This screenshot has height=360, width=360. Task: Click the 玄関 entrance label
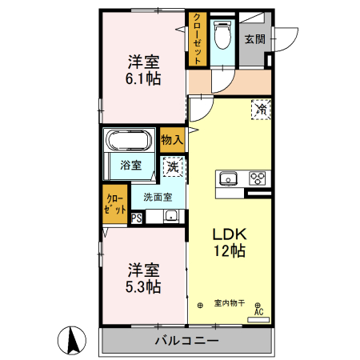point(255,38)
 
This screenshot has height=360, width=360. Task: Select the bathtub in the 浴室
point(130,141)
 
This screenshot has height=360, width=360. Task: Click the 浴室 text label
point(131,166)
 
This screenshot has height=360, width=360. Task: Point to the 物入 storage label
point(172,140)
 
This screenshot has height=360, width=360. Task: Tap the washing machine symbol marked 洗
point(173,167)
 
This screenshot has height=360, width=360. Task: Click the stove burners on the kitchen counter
point(258,178)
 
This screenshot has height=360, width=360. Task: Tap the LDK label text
point(229,234)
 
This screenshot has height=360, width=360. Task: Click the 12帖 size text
point(229,250)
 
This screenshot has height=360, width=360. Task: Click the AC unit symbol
point(258,312)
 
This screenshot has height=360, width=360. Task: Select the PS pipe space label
point(114,216)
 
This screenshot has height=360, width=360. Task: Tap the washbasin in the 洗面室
point(170,215)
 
